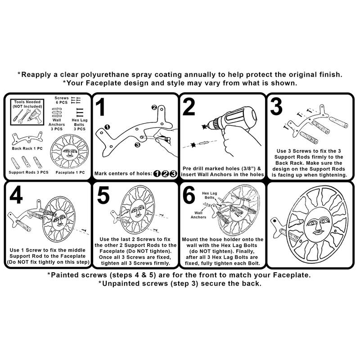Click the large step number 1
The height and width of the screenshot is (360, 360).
coord(100,107)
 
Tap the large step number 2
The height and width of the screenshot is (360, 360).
coord(189,107)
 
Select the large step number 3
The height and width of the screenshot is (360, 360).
coord(276,107)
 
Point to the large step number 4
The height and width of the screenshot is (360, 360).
coord(16,195)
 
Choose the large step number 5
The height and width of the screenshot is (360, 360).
coord(103,195)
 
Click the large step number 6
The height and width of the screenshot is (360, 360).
coord(189,195)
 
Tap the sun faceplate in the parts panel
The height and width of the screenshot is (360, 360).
coord(69,152)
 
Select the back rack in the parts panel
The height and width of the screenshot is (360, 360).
coord(27,138)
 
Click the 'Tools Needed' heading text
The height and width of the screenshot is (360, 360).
coord(27,102)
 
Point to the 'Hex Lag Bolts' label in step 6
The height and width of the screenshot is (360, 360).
coord(209,195)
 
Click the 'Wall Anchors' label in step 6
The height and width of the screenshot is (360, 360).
coord(198,215)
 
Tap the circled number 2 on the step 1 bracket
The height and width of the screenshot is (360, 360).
coord(154,107)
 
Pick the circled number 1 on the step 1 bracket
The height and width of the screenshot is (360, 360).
coord(107,127)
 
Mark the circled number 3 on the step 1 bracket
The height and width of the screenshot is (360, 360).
coord(137,145)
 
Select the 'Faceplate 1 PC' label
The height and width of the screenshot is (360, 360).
coord(70,172)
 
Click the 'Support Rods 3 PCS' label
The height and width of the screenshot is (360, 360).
coord(28,172)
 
